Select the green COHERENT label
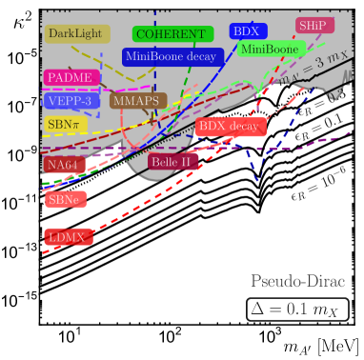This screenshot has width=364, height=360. tap(170, 34)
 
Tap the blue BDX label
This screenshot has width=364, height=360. tap(246, 31)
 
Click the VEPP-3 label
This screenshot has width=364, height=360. tap(69, 100)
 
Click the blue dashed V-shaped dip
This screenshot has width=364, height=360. tap(254, 174)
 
